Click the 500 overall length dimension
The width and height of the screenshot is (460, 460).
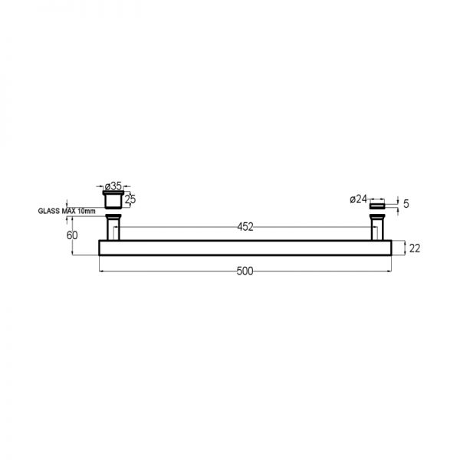[x=245, y=271]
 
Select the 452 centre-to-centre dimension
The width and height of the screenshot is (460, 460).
[x=245, y=227]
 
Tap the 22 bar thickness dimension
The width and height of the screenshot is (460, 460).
[x=415, y=248]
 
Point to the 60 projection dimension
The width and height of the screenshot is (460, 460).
[x=72, y=235]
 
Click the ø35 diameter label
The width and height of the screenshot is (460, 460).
[x=113, y=186]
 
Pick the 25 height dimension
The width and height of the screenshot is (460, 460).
[x=130, y=199]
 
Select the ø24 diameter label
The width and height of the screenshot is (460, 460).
[x=358, y=199]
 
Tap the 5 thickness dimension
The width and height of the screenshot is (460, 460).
[x=406, y=204]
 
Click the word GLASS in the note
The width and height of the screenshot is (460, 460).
[x=49, y=211]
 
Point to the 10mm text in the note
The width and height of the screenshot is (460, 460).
[x=87, y=211]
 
